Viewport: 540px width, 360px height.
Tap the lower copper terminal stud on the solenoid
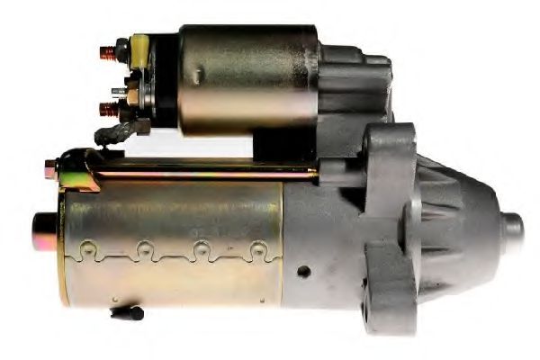[108, 111]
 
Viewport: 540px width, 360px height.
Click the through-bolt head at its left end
[50, 166]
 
